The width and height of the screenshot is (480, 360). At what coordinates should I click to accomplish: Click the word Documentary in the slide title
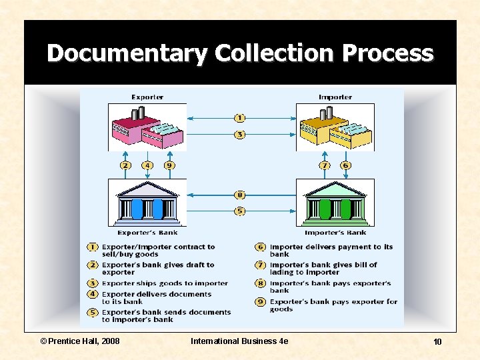tap(127, 53)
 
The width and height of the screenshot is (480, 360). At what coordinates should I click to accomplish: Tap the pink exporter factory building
tap(147, 129)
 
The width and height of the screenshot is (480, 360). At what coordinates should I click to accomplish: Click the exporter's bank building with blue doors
tap(147, 203)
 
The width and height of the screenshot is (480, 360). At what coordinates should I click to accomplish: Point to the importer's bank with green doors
tap(335, 203)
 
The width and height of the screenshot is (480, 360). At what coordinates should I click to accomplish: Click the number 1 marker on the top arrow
tap(240, 118)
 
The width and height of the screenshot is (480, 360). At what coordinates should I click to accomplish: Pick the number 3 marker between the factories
tap(240, 135)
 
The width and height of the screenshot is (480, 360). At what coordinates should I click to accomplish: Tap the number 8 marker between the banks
tap(240, 195)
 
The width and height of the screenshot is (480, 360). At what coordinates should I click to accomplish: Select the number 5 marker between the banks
tap(240, 211)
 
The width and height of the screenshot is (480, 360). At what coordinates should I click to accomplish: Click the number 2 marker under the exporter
tap(125, 165)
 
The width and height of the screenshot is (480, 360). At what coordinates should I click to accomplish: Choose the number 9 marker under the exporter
tap(169, 165)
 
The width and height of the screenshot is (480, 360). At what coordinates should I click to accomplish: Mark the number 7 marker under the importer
tap(325, 165)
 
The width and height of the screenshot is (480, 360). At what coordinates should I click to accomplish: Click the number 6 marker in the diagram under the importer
tap(345, 165)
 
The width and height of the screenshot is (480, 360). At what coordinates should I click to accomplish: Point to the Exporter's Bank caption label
tap(147, 233)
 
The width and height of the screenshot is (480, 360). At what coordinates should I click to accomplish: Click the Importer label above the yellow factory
tap(335, 97)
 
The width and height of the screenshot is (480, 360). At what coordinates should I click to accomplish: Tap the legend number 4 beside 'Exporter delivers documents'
tap(93, 294)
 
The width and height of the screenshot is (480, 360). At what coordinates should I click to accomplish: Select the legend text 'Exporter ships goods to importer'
tap(165, 283)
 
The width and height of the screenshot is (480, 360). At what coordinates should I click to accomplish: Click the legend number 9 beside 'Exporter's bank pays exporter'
tap(261, 302)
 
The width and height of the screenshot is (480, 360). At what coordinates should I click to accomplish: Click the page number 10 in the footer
tap(437, 342)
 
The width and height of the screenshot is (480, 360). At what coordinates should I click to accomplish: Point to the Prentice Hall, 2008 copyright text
tap(80, 341)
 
